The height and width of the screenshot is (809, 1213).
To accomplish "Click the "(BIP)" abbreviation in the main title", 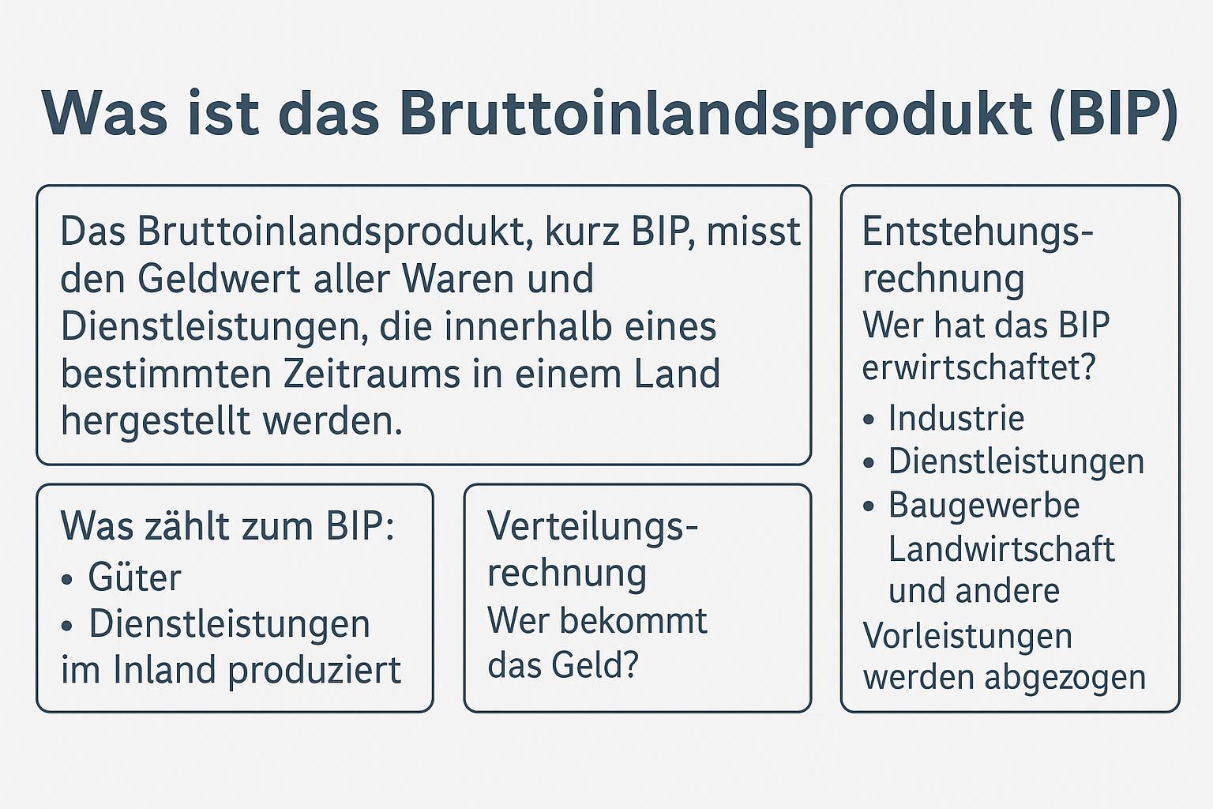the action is [1113, 115].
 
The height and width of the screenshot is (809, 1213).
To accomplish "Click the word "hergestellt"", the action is [156, 421].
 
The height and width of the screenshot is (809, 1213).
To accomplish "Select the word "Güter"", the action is [134, 578].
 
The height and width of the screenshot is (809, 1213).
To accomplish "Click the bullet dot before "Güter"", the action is [66, 580].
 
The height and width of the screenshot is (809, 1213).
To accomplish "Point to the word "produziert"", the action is [314, 672].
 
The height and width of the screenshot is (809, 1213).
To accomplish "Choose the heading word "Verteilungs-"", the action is [593, 526].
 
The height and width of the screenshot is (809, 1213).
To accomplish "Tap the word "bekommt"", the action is [633, 620].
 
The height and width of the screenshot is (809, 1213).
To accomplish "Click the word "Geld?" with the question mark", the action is [595, 665].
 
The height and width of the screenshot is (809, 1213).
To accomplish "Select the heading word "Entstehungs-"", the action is [978, 232].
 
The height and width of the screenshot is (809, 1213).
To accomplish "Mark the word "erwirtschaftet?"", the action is [979, 367].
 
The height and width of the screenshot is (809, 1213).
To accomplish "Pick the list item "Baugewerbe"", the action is [985, 506].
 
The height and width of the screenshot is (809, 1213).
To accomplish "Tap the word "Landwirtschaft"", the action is [1002, 549].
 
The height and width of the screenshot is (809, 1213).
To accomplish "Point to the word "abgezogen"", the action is [1065, 678].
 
